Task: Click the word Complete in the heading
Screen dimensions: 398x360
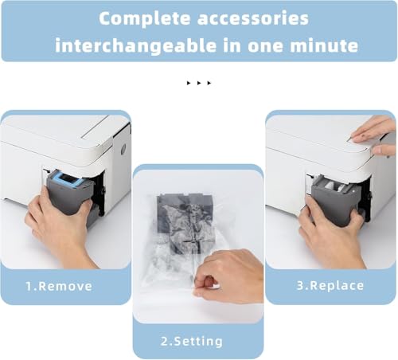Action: coord(145,18)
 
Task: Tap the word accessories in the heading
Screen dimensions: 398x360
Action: coord(253,18)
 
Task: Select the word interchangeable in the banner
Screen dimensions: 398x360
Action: coord(136,45)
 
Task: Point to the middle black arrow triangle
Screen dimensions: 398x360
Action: coord(199,83)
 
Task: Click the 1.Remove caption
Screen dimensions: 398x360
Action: coord(59,286)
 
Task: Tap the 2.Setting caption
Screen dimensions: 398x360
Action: coord(192,342)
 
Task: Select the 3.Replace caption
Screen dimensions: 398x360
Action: coord(330,286)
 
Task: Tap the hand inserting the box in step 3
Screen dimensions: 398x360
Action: coord(332,233)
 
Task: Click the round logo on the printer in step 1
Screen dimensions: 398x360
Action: coord(123,150)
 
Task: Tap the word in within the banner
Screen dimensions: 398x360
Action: coord(232,45)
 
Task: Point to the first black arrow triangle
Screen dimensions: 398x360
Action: coord(189,83)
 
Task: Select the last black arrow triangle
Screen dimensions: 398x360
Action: coord(209,83)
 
